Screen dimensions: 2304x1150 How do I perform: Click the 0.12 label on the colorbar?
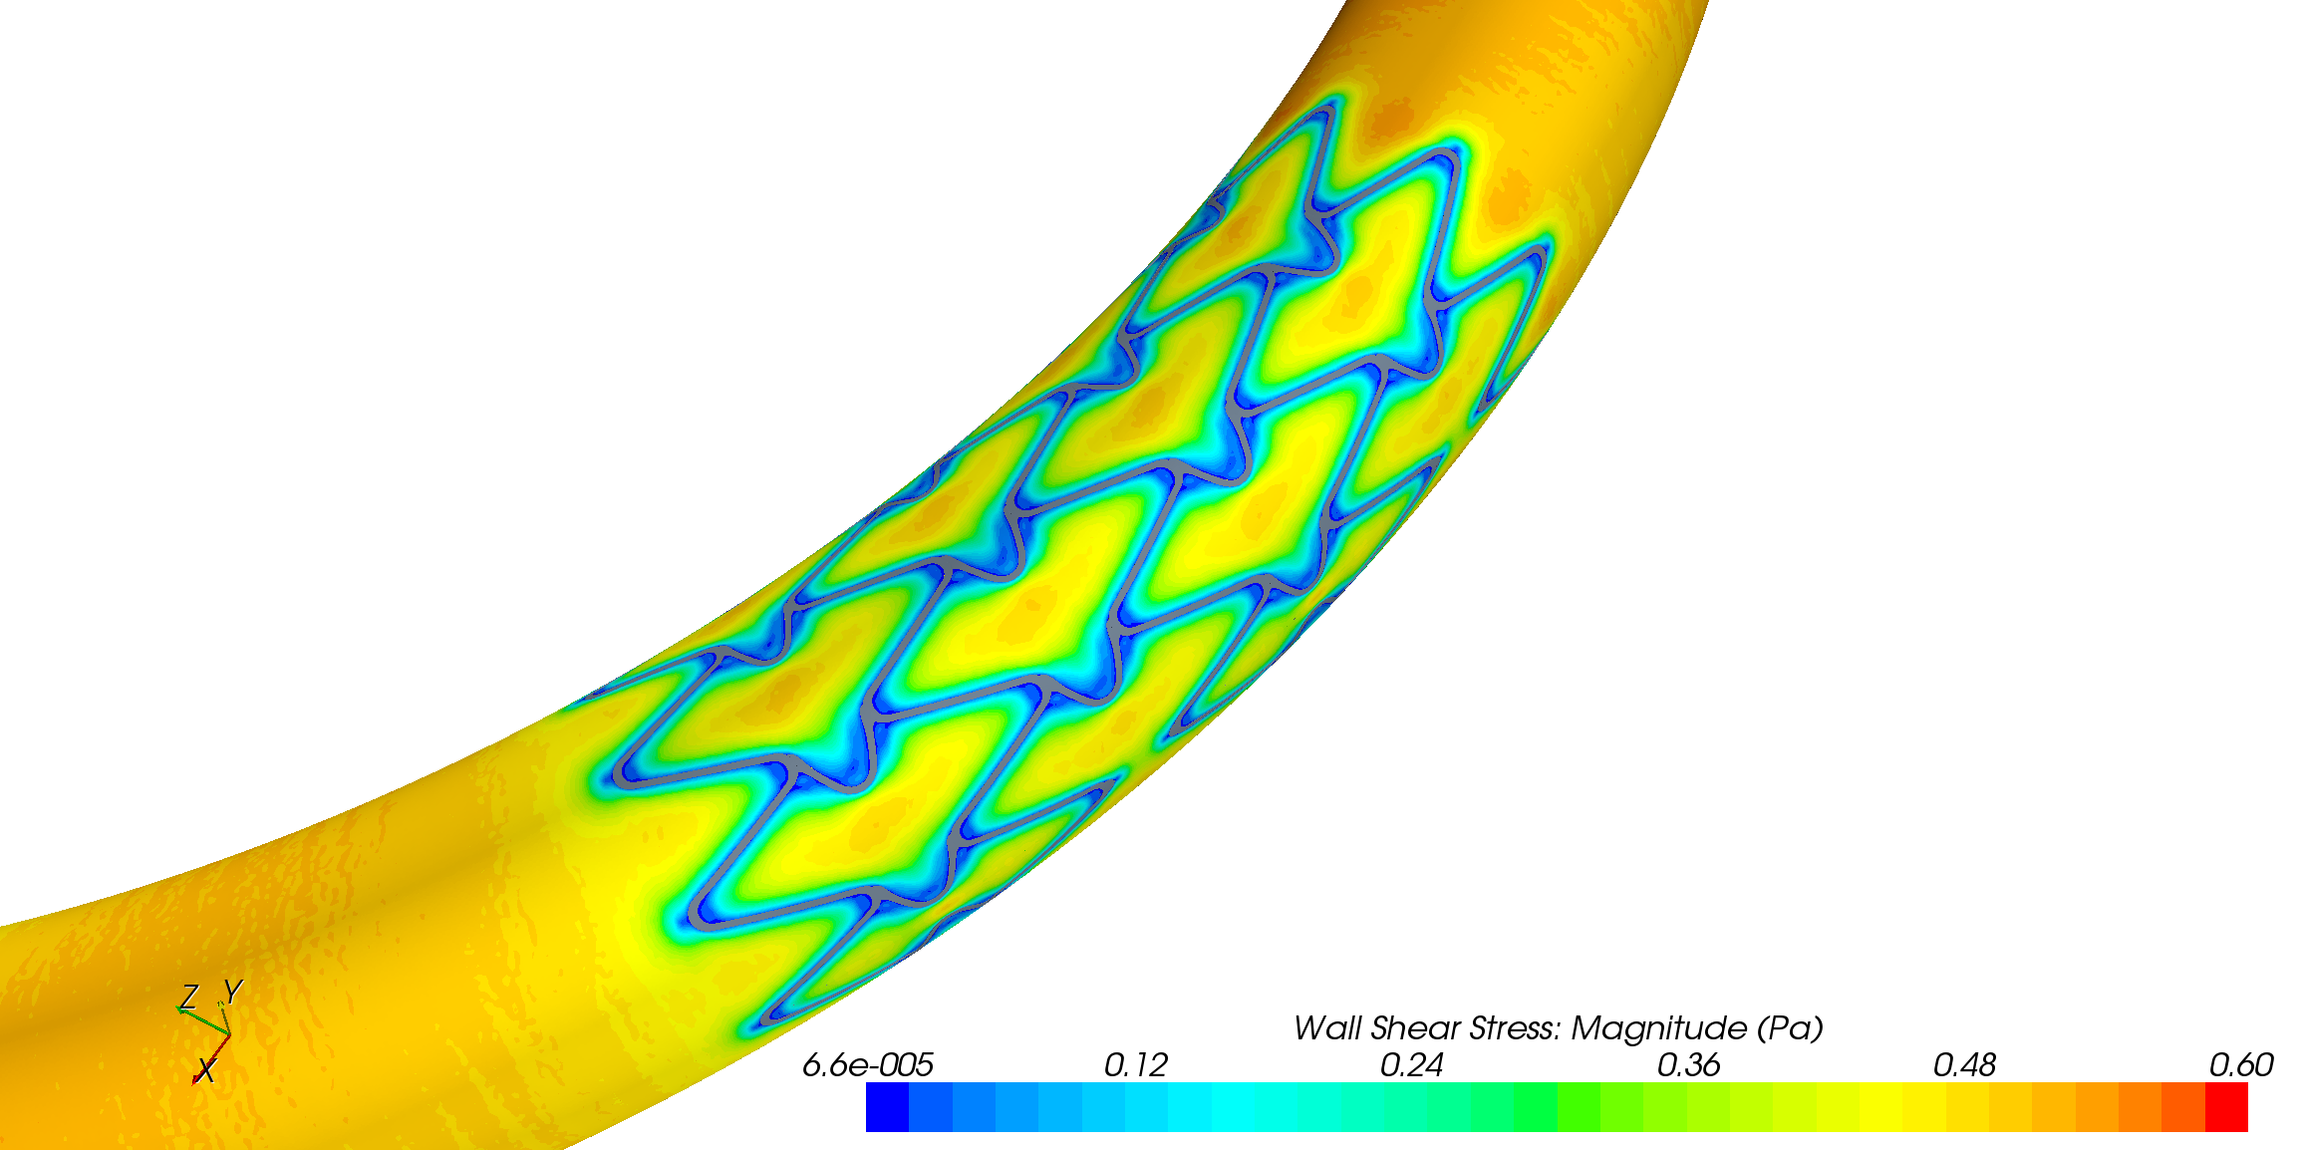point(1135,1065)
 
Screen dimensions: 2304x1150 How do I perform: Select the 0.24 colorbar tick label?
point(1411,1065)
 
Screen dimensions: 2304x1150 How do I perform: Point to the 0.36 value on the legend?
point(1688,1065)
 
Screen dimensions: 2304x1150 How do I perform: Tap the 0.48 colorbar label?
point(1964,1065)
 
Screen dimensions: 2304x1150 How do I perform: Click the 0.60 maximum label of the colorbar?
point(2241,1065)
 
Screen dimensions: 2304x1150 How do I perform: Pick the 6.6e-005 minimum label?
point(868,1065)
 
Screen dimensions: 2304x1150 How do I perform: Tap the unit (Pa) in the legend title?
point(1790,1028)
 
